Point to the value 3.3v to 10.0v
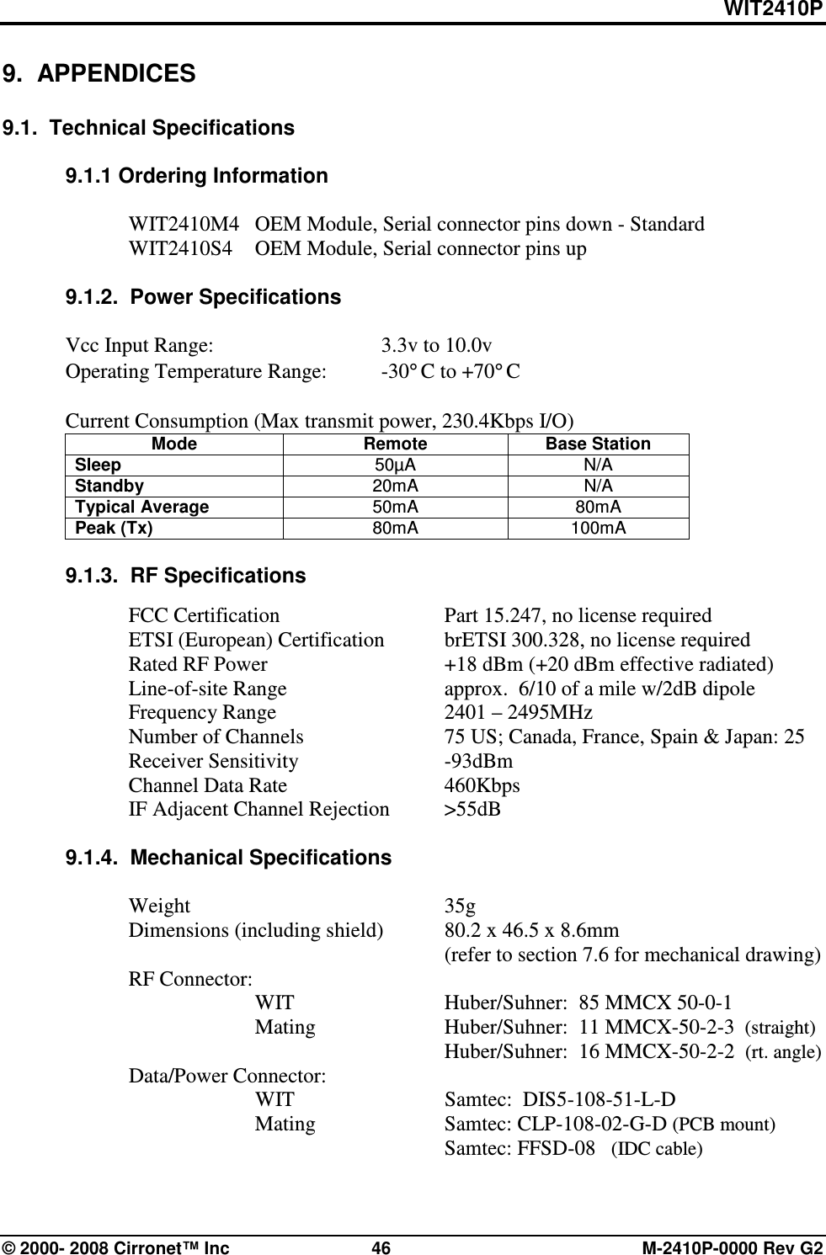[437, 345]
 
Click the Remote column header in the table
[395, 444]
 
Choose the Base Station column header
[598, 444]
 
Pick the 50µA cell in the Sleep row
[395, 465]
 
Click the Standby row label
[109, 486]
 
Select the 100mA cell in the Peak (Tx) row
[598, 528]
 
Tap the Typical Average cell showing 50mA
[395, 507]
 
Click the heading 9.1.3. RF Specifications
[185, 576]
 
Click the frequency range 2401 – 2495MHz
[518, 712]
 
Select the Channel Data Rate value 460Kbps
[482, 785]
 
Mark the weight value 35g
[460, 907]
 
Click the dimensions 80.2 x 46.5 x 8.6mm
[531, 931]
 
